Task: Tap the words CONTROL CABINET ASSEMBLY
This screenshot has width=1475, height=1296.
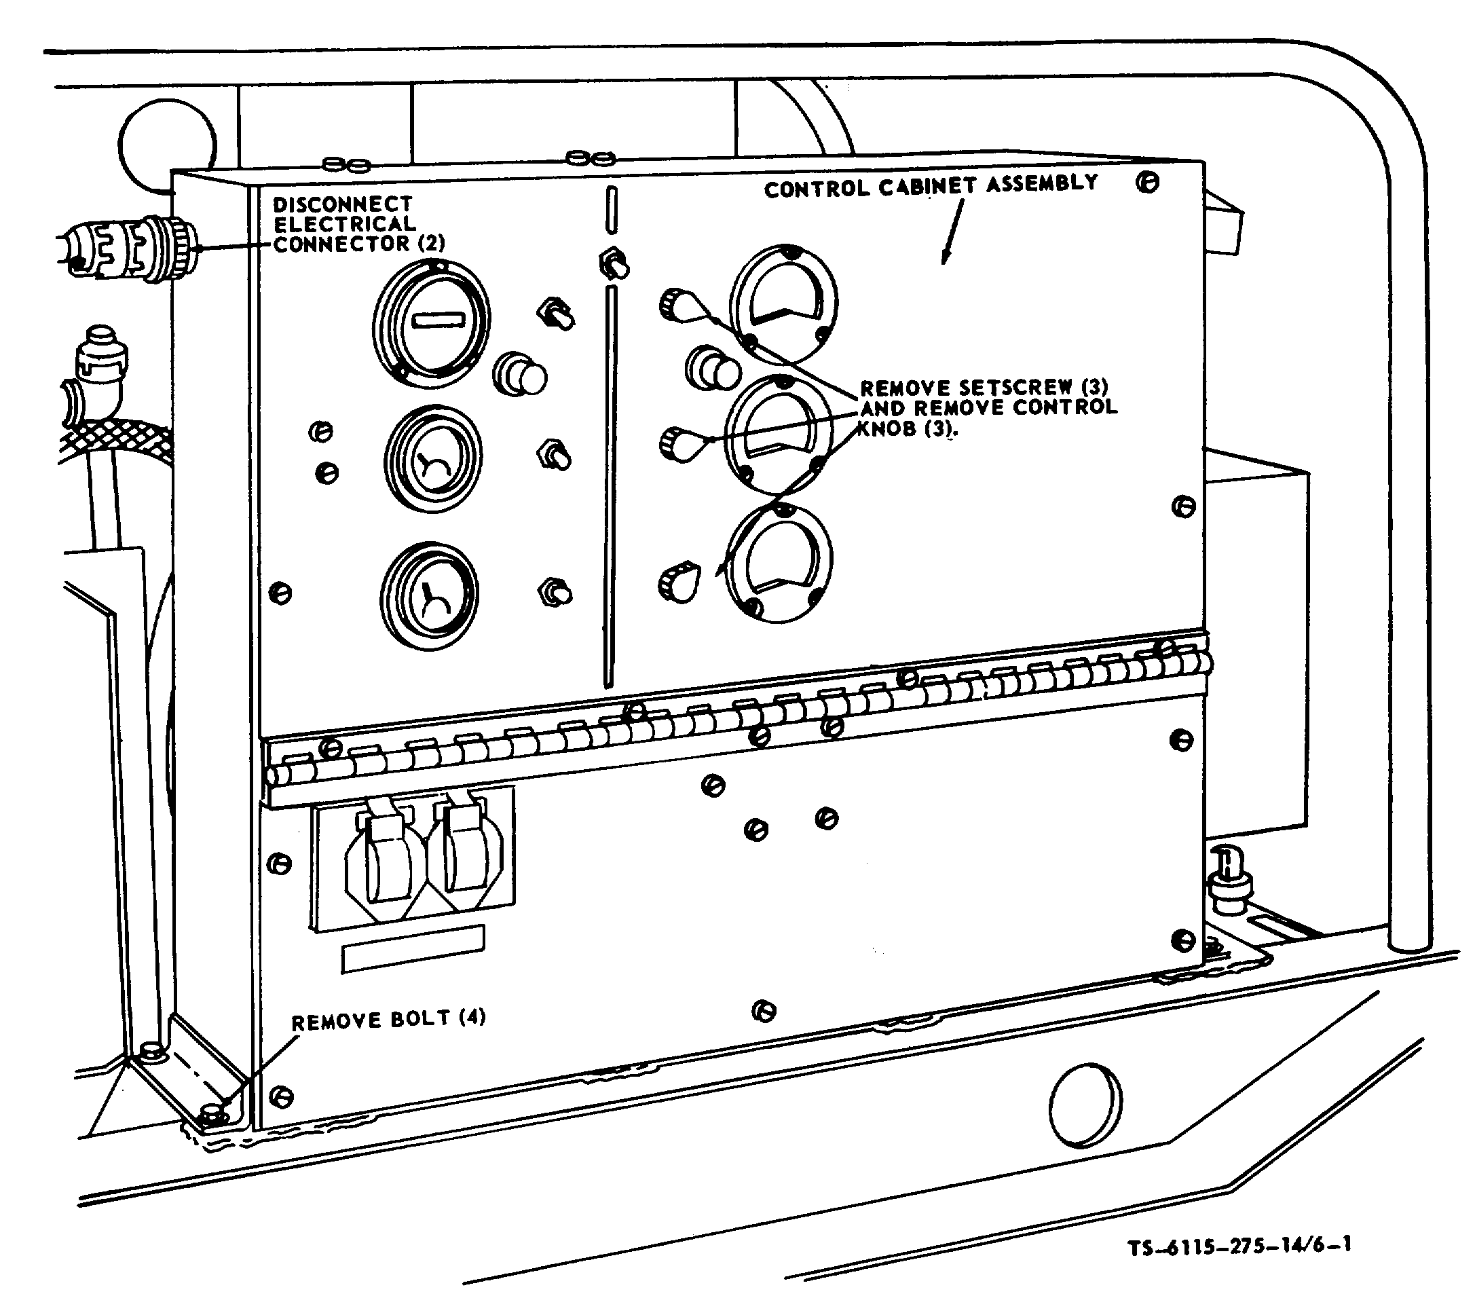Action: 931,186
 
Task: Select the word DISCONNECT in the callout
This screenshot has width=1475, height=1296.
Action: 342,204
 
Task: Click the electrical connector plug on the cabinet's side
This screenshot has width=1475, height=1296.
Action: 130,248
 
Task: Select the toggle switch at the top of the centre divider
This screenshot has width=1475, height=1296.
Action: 614,263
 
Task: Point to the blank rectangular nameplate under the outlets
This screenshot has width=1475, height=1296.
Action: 413,948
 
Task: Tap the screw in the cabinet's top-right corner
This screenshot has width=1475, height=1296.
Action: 1147,182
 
